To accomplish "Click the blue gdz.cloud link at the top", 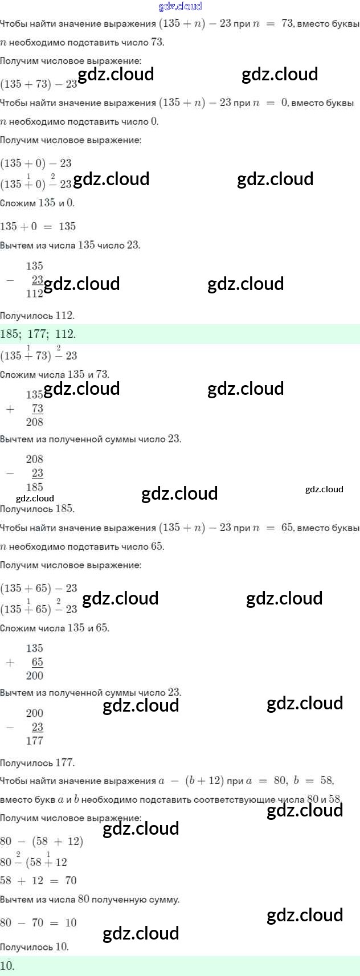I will click(179, 6).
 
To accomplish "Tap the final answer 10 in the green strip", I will click(7, 966).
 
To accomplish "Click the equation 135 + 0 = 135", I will click(38, 226).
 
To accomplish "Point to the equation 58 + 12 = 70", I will click(38, 880).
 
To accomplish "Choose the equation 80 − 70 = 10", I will click(38, 922).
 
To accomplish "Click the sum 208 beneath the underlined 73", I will click(34, 422).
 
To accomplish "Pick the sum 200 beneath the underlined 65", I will click(34, 676).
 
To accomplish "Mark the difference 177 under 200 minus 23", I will click(34, 741).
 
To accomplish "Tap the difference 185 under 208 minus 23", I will click(34, 487).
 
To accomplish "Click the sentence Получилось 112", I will click(37, 316).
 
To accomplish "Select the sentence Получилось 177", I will click(37, 763).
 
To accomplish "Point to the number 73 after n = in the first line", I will click(287, 23).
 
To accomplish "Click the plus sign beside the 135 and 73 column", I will click(10, 409).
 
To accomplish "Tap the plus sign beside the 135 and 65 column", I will click(10, 663).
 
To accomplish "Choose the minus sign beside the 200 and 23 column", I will click(10, 728).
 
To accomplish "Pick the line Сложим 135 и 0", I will click(37, 203).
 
